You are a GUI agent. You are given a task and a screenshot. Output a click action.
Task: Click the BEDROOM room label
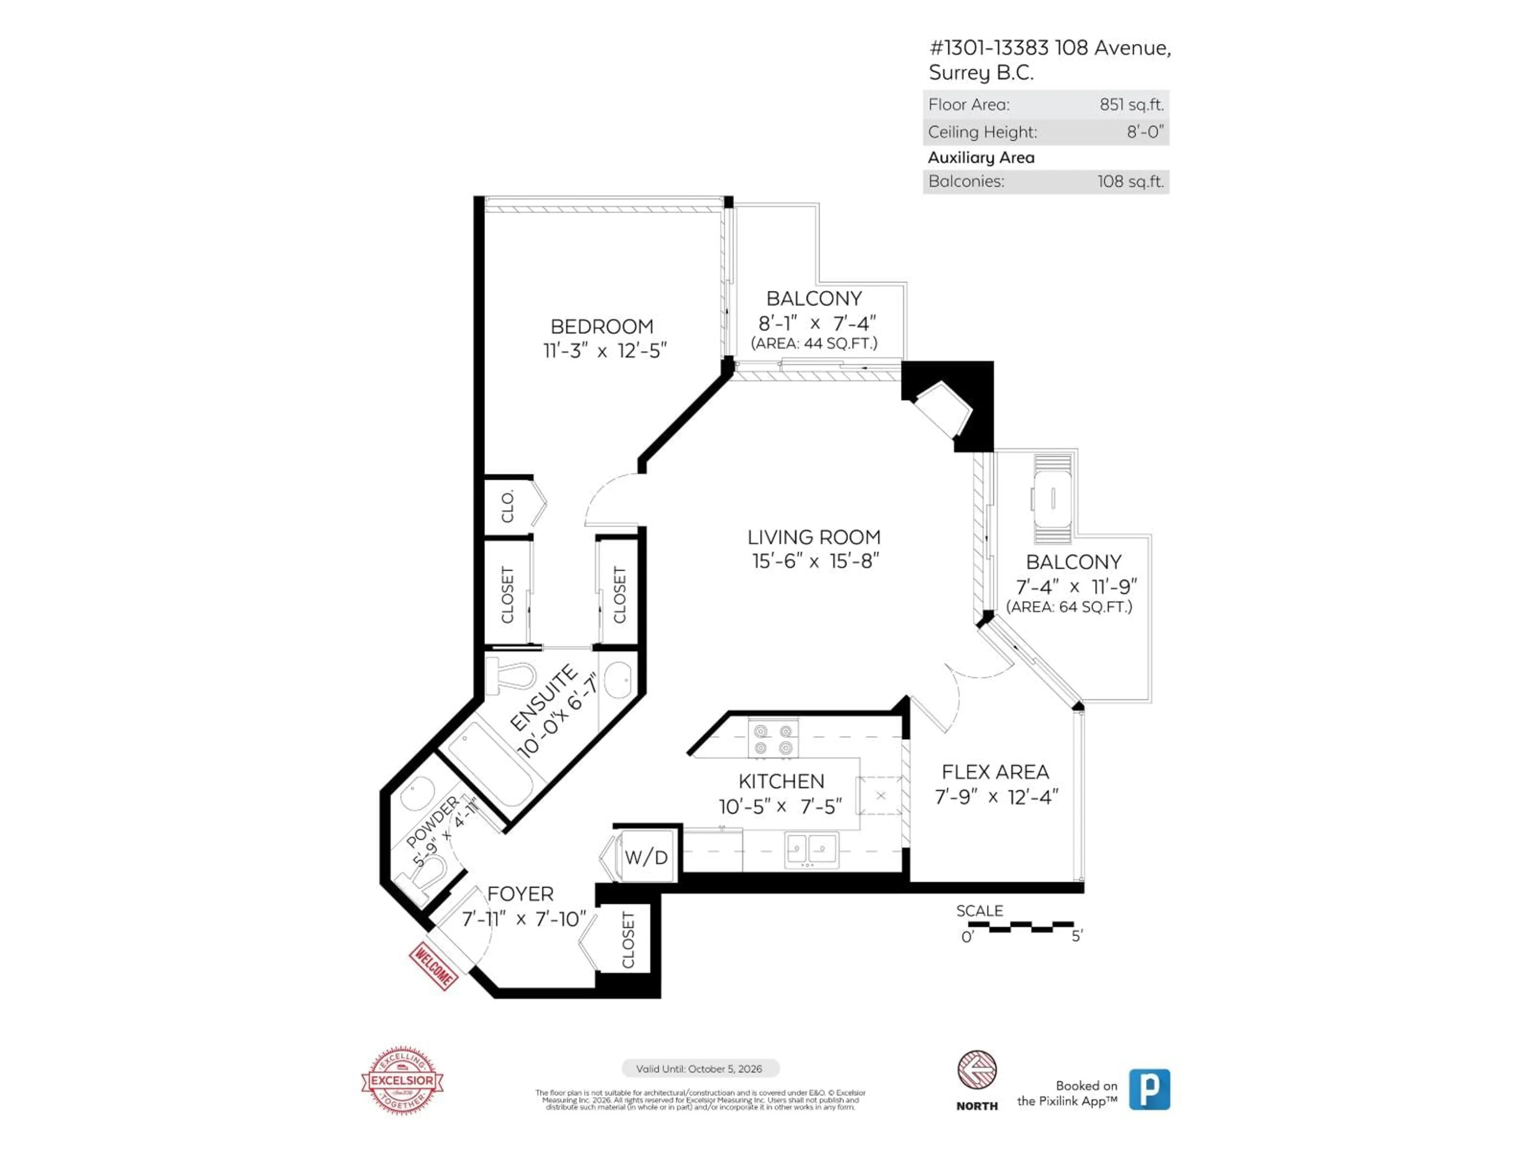[x=601, y=326]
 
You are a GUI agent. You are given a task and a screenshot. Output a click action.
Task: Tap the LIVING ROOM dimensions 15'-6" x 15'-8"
[x=815, y=561]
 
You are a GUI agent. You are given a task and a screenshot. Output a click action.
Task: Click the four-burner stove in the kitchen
[x=773, y=739]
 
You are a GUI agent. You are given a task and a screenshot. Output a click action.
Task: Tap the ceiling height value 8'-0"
[x=1145, y=132]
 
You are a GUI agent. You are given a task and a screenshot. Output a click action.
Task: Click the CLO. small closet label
[x=507, y=506]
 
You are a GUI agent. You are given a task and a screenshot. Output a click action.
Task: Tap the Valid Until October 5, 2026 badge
[x=699, y=1069]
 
